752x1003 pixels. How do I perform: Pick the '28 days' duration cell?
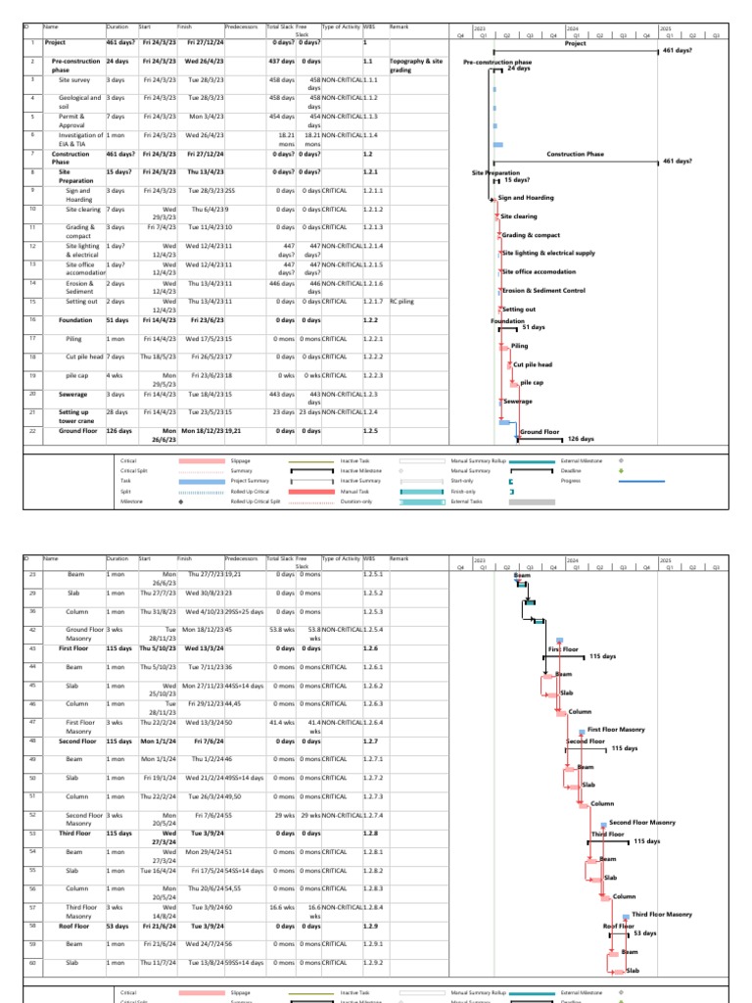pos(117,412)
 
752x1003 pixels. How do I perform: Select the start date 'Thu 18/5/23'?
pos(157,357)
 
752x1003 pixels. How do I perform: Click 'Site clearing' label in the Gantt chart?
pos(519,216)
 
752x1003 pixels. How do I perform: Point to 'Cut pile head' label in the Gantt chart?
pos(533,364)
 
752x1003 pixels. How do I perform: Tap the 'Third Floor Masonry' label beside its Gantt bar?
pos(662,914)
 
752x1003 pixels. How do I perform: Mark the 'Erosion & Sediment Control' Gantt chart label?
pos(543,291)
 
